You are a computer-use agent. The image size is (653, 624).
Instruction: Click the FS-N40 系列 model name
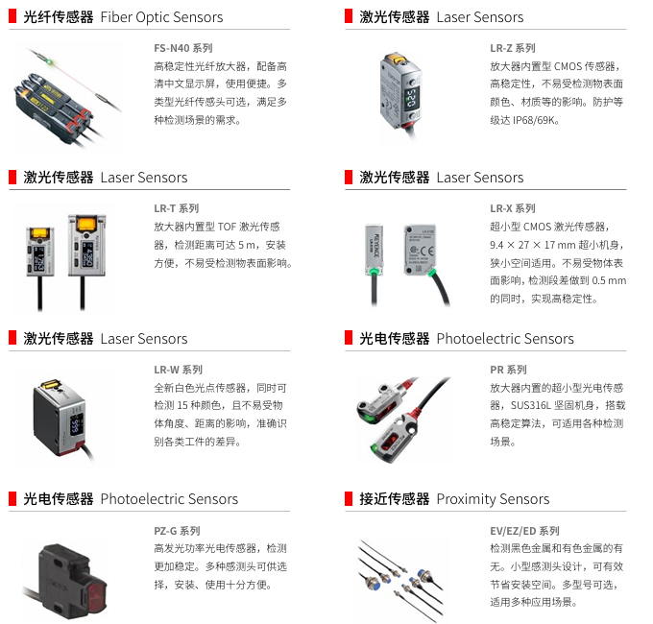183,48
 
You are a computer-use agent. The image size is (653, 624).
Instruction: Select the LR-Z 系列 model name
513,48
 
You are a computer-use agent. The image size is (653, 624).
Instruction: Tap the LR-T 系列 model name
177,208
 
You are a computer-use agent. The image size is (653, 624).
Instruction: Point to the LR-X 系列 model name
513,208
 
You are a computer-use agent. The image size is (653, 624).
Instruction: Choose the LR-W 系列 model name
179,370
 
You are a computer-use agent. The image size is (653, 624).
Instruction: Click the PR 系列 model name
509,370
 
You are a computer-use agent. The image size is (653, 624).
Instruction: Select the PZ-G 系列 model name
177,531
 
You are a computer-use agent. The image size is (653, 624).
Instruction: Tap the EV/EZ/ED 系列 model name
524,531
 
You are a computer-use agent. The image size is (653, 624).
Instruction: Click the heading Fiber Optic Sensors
161,17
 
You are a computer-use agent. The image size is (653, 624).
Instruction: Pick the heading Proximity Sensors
493,498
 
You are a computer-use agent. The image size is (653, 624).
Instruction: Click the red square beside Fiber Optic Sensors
12,16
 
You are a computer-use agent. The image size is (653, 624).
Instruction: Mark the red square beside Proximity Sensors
349,498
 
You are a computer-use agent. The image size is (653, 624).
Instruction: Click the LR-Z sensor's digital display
411,98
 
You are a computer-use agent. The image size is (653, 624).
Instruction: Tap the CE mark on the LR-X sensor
426,251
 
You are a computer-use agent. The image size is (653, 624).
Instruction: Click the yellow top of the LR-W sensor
50,384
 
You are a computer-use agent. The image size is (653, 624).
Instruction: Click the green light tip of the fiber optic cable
50,62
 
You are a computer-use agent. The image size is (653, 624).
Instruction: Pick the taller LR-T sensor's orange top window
86,225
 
